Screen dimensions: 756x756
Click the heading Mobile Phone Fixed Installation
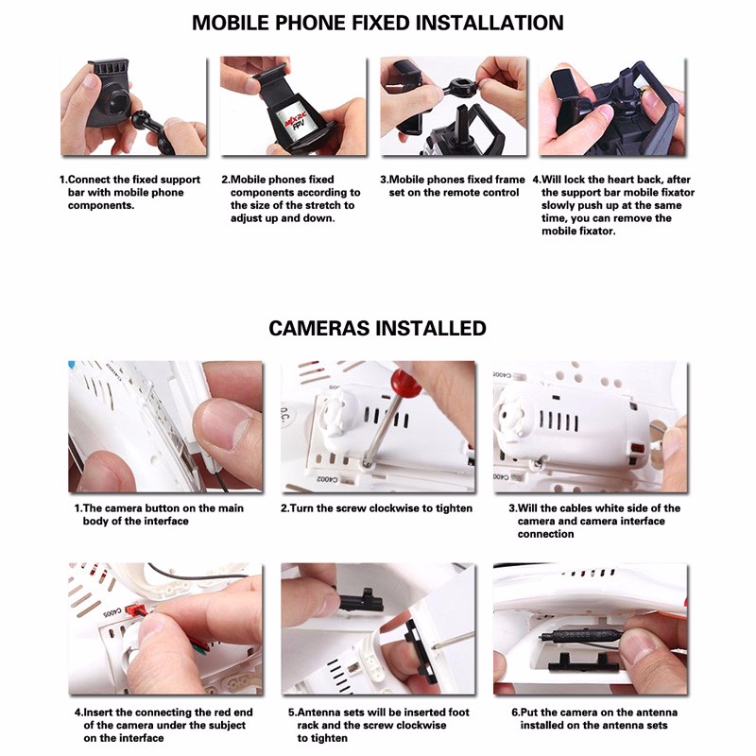click(x=377, y=23)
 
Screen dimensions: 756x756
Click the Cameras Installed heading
click(x=377, y=328)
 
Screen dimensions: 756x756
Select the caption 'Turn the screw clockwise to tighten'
click(x=376, y=508)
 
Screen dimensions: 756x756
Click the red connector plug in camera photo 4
click(x=135, y=611)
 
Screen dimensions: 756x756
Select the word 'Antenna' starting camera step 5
click(x=318, y=713)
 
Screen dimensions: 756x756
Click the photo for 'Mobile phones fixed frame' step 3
click(x=454, y=106)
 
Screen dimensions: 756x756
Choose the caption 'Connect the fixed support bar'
click(x=129, y=193)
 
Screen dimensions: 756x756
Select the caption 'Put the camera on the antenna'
click(x=594, y=718)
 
